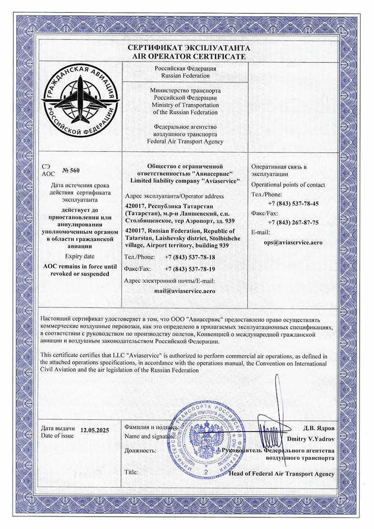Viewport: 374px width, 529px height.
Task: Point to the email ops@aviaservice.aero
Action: click(x=293, y=242)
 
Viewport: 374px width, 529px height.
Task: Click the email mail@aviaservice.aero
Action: click(x=185, y=291)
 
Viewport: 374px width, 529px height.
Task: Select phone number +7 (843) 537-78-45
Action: click(x=293, y=204)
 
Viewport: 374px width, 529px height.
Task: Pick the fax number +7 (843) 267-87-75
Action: click(x=293, y=223)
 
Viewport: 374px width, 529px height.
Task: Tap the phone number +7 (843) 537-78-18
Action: click(x=190, y=257)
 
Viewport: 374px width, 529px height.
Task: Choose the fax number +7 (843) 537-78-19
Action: click(x=190, y=269)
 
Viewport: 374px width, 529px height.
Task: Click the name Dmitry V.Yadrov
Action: click(x=310, y=439)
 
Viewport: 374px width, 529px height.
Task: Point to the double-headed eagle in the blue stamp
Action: click(x=204, y=435)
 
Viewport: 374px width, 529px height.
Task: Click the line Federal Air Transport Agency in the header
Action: click(x=185, y=141)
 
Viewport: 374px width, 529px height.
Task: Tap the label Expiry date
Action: click(x=80, y=256)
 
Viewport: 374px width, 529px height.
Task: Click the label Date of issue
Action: click(x=57, y=436)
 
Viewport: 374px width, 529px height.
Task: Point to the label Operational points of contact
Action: click(x=288, y=185)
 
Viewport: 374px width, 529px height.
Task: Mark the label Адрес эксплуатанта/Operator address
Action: click(x=174, y=196)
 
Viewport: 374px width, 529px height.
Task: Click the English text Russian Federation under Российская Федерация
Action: click(x=185, y=76)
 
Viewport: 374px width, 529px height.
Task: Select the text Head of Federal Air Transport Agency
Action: click(x=281, y=474)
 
